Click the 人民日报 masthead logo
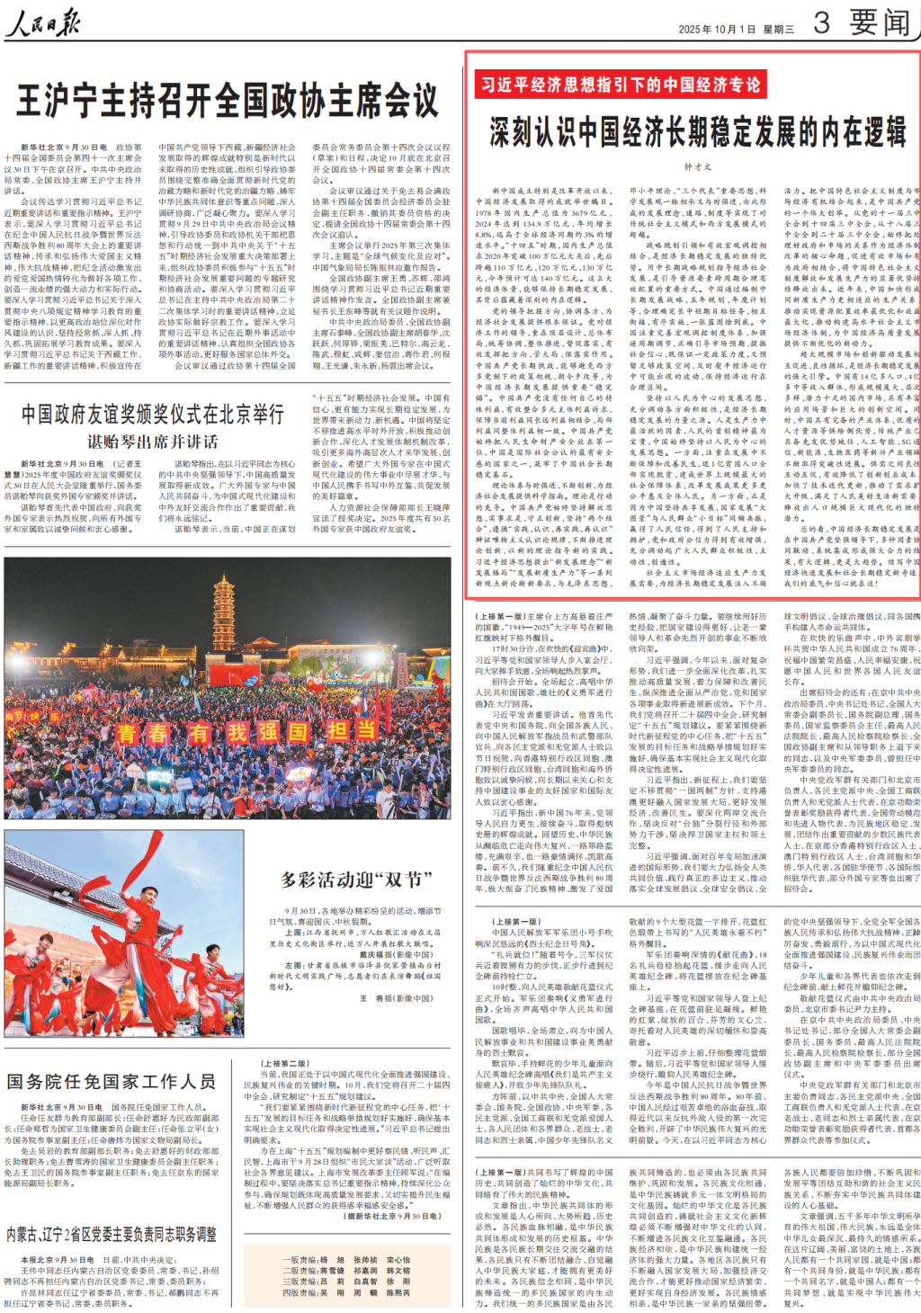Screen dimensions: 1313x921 42,22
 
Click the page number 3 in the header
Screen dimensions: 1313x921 821,22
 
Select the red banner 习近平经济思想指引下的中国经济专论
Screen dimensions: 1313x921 620,85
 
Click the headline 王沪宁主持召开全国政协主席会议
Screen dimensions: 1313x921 227,100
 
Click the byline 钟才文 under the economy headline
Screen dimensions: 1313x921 697,166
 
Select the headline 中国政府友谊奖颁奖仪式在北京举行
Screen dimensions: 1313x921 153,414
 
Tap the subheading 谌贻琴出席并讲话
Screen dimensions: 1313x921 153,442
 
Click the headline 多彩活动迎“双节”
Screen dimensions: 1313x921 351,880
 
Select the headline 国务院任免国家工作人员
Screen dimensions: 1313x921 112,1081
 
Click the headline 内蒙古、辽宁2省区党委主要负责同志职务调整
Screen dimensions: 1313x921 112,1234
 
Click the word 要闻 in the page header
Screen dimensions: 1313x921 879,22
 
